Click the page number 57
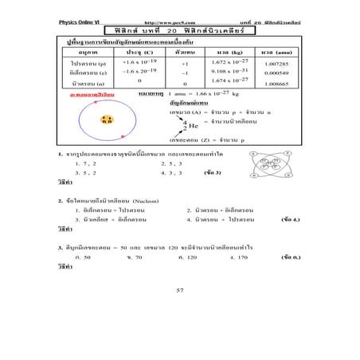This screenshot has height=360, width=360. click(180, 289)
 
